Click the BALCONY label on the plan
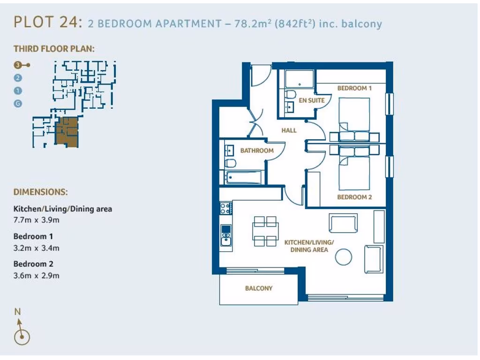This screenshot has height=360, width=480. click(259, 288)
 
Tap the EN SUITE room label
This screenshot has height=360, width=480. click(312, 100)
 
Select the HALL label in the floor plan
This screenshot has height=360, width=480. click(289, 130)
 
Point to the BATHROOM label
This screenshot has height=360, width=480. click(257, 150)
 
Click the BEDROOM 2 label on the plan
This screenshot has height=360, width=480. click(354, 197)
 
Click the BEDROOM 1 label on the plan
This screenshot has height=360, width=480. click(354, 88)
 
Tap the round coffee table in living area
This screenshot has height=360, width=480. click(345, 256)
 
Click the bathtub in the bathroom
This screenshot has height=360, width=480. click(243, 178)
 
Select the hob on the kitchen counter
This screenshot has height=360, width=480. click(225, 208)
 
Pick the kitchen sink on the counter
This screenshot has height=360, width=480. click(226, 235)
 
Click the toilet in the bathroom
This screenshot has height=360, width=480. click(230, 163)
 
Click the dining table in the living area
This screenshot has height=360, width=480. click(265, 231)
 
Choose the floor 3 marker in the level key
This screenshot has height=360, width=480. click(18, 65)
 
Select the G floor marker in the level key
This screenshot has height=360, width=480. click(18, 104)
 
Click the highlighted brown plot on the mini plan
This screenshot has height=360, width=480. click(67, 132)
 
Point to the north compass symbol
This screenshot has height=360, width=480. click(22, 336)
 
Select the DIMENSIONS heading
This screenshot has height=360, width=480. click(40, 192)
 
